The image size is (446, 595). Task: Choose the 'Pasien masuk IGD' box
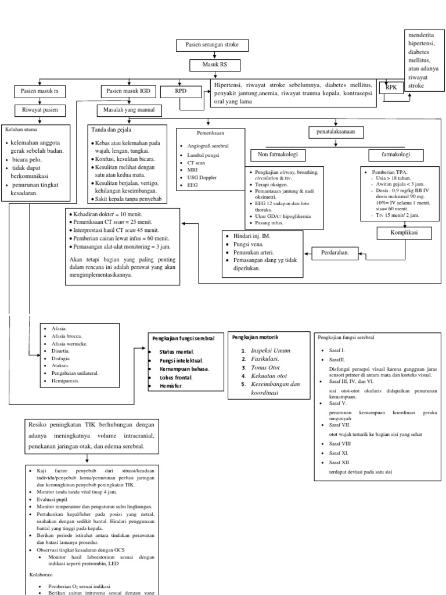click(x=129, y=91)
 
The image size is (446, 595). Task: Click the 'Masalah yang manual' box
click(x=129, y=110)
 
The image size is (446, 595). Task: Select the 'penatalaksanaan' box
click(x=336, y=132)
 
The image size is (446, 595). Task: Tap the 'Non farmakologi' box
click(x=278, y=155)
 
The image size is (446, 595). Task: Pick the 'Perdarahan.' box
click(x=334, y=253)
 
